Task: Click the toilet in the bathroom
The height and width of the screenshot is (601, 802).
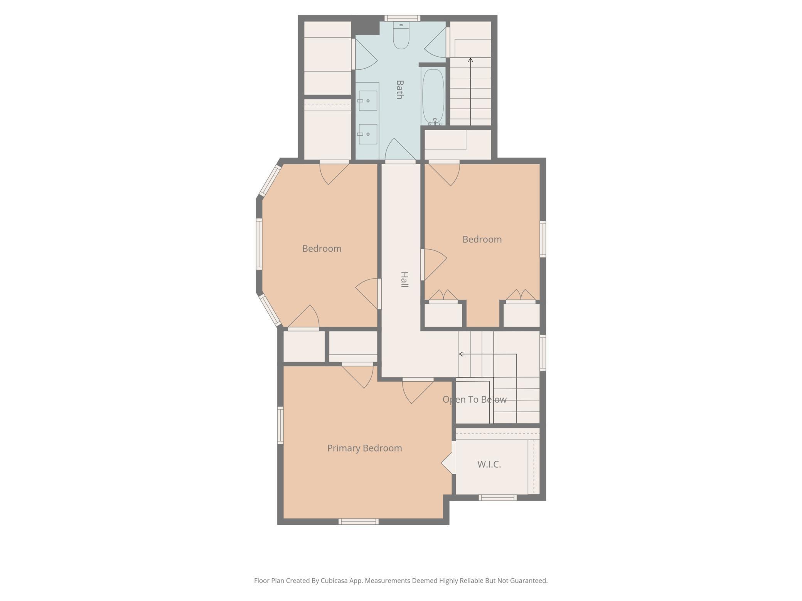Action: pos(401,35)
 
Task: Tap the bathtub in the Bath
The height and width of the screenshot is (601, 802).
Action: pos(433,96)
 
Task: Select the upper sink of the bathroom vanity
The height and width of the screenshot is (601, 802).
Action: pos(368,101)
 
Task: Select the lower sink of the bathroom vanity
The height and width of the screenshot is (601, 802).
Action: pos(368,134)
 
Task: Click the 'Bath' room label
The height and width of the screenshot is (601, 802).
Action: pos(400,89)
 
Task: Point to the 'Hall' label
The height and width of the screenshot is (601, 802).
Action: pos(404,279)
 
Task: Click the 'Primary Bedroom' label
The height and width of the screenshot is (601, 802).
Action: pos(364,448)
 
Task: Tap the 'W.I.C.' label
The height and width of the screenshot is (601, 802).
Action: pos(489,464)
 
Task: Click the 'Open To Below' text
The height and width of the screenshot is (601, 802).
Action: pos(474,400)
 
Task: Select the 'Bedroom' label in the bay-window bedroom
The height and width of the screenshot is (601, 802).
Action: pos(322,248)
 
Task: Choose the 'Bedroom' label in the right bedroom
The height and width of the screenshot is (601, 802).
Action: pos(482,239)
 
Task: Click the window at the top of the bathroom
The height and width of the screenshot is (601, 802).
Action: pos(402,18)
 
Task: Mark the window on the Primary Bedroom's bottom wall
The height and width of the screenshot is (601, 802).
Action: pos(359,522)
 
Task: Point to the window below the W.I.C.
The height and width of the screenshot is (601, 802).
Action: pos(497,498)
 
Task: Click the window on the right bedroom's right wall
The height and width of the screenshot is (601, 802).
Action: pos(543,239)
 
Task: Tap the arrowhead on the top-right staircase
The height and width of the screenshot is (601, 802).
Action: pos(470,60)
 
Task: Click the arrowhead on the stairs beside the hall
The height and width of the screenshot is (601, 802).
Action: pos(461,354)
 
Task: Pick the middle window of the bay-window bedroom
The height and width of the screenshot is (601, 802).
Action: pos(259,244)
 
